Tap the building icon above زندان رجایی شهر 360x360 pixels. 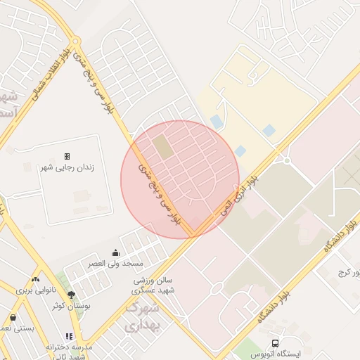(x=67, y=156)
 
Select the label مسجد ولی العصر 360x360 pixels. (x=115, y=263)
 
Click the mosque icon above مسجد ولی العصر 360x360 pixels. (x=115, y=253)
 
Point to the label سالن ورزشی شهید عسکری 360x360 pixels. (x=154, y=285)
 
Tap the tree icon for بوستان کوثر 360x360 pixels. (x=71, y=295)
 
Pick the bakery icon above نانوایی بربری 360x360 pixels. (x=35, y=279)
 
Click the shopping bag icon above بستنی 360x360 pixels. (x=13, y=318)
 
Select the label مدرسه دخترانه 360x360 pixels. (x=70, y=348)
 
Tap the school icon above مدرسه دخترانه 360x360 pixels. (x=69, y=337)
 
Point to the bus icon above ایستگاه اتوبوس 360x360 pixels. (x=262, y=343)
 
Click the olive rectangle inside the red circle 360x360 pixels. (x=162, y=147)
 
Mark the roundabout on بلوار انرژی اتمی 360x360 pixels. (x=287, y=160)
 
